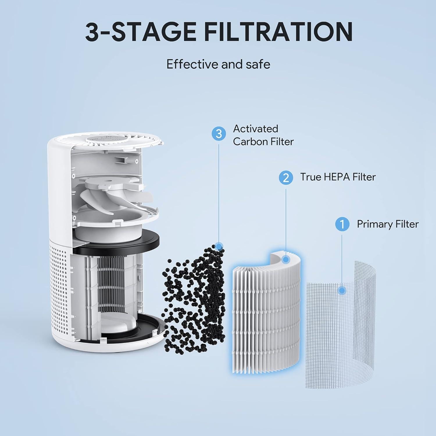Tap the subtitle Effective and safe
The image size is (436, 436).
pyautogui.click(x=218, y=64)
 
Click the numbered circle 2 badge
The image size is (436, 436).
pyautogui.click(x=286, y=177)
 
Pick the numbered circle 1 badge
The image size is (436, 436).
pyautogui.click(x=342, y=224)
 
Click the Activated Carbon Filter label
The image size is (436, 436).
pyautogui.click(x=263, y=135)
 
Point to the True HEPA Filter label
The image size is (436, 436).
pyautogui.click(x=338, y=177)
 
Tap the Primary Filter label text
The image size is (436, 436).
pyautogui.click(x=387, y=224)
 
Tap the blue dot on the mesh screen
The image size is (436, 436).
pyautogui.click(x=342, y=290)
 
